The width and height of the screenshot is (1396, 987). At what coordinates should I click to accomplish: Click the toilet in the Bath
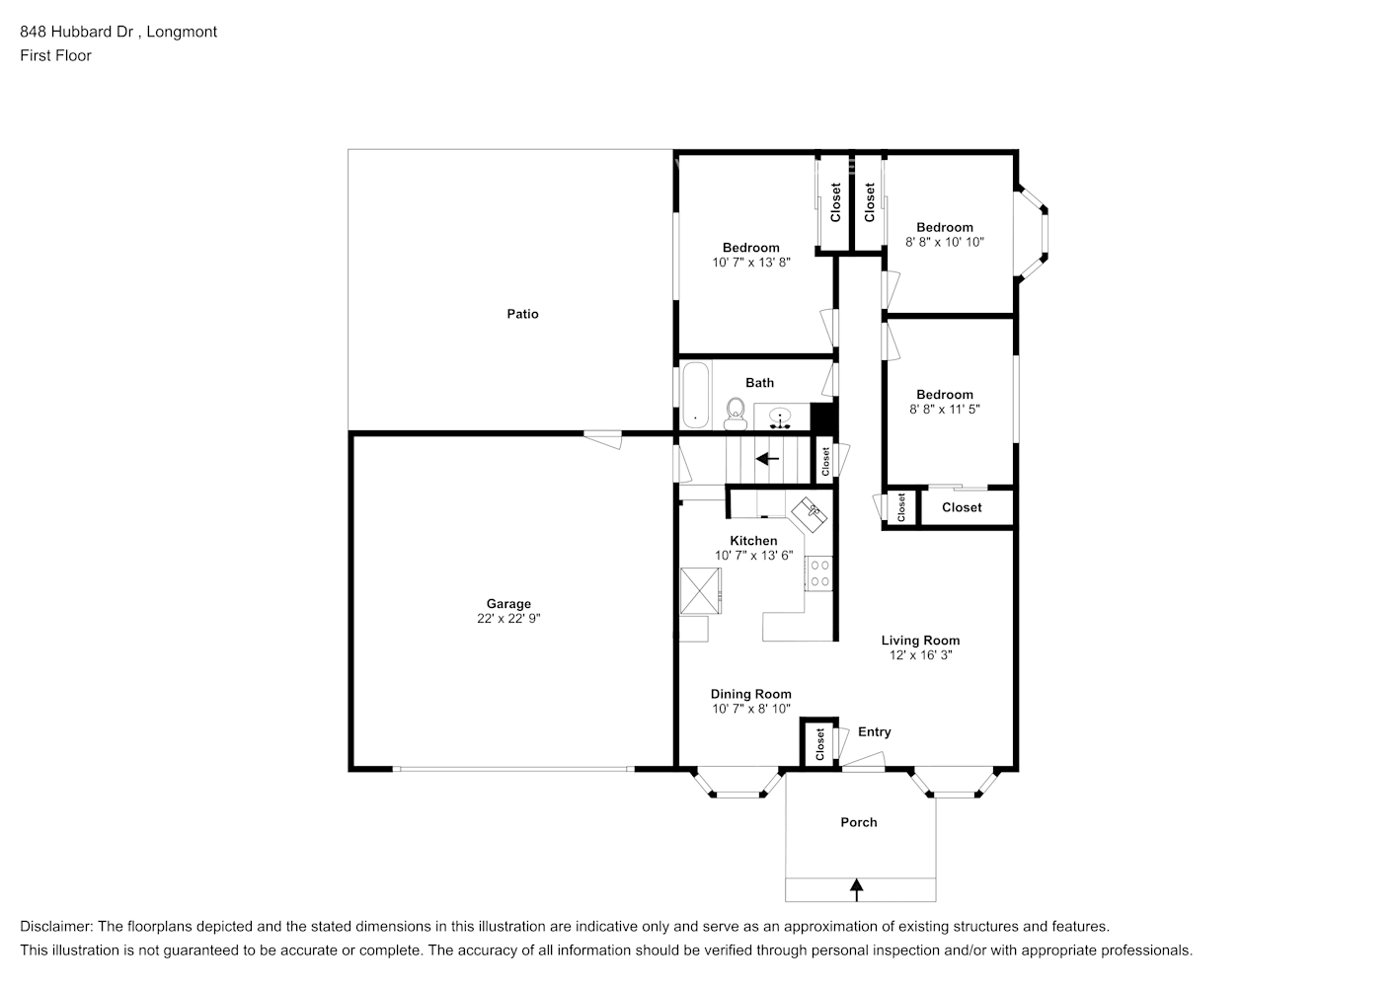point(735,413)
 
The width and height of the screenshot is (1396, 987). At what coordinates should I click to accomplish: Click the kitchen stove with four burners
point(819,573)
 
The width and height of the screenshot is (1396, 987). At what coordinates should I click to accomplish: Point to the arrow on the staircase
point(767,459)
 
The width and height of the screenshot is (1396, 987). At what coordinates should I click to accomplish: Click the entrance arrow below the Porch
point(856,889)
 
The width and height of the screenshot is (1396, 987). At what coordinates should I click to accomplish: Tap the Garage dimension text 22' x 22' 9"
point(508,619)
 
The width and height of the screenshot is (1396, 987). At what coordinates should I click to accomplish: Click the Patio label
point(522,314)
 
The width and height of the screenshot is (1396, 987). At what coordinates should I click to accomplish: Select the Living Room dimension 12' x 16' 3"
point(920,654)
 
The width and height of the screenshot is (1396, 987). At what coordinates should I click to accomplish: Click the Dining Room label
point(750,694)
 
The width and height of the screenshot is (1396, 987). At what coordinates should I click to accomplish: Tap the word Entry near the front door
point(874,731)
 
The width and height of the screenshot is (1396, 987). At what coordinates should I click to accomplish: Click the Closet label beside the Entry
point(819,745)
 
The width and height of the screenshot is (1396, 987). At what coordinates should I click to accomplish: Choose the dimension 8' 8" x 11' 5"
point(944,409)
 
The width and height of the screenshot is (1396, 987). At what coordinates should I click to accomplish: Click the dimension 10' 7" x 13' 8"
point(750,263)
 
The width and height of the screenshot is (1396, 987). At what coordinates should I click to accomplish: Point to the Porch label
point(858,822)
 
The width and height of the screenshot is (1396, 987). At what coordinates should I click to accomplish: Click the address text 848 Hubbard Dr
point(79,32)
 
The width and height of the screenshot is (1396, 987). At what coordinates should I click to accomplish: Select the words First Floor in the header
point(55,55)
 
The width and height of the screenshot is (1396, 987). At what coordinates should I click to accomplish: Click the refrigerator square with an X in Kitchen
point(700,591)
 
